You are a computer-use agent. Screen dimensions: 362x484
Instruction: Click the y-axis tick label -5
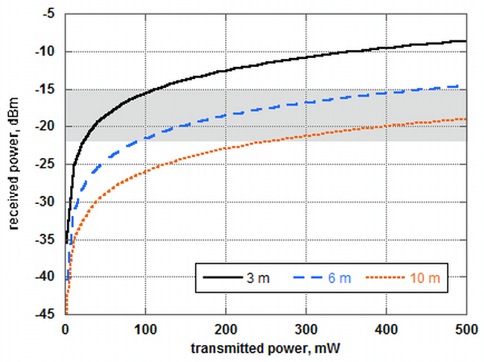tap(49, 15)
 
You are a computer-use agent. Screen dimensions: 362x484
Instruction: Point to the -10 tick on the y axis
tap(47, 52)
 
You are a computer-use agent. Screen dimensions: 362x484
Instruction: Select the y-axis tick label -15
tap(47, 90)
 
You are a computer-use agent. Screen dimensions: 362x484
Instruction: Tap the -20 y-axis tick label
tap(47, 127)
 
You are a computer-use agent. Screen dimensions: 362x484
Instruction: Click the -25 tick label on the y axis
tap(47, 164)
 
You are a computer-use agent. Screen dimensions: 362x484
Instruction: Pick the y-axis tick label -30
tap(47, 202)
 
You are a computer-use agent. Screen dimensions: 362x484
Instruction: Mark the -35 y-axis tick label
tap(47, 239)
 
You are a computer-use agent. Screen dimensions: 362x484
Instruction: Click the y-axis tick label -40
tap(47, 277)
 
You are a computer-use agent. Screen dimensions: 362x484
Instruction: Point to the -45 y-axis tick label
tap(47, 314)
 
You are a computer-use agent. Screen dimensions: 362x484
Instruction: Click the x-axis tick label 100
tap(145, 328)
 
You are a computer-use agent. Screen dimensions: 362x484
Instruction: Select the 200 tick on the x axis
tap(226, 328)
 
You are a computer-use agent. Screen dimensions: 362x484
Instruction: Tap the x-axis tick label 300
tap(307, 328)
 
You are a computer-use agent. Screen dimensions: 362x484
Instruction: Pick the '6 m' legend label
tap(339, 278)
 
